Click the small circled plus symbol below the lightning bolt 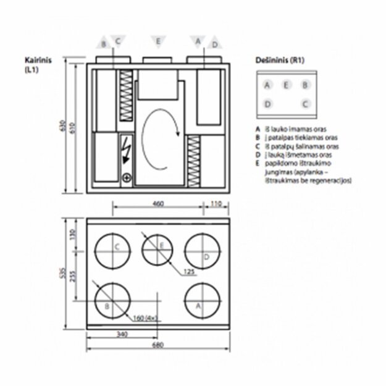click(x=127, y=178)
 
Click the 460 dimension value click(x=158, y=203)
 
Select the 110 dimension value click(x=216, y=203)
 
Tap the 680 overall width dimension click(x=158, y=345)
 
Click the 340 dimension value click(x=122, y=334)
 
